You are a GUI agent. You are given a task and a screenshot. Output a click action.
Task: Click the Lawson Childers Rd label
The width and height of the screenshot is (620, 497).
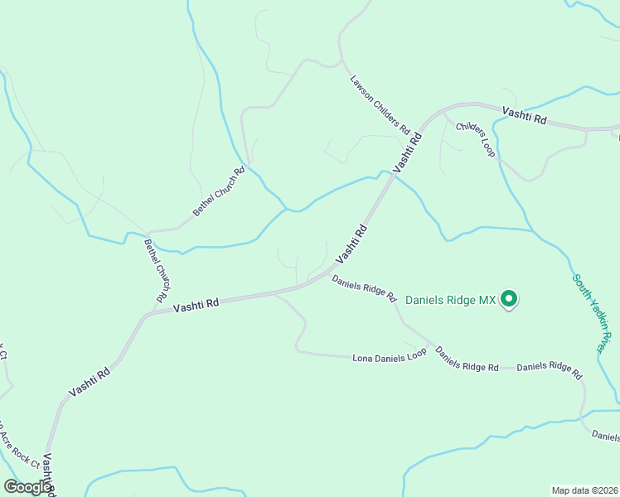[380, 105]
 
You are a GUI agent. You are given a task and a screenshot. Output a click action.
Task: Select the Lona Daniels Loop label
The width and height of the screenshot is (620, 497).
[390, 355]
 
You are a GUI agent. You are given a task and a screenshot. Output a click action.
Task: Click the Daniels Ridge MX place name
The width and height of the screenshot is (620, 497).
[450, 300]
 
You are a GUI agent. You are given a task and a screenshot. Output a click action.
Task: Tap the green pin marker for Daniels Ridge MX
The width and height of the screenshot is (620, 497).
[510, 299]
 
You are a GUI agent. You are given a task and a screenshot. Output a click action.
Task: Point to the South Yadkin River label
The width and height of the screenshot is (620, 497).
[596, 314]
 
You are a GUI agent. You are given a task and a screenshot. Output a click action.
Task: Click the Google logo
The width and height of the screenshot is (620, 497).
[27, 487]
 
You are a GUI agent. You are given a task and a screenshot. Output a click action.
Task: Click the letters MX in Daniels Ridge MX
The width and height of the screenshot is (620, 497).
[487, 300]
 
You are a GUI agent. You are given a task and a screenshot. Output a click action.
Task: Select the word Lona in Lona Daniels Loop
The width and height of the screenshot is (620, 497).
[362, 358]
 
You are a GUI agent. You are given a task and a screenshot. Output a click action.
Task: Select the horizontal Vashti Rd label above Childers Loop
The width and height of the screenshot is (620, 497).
[524, 115]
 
